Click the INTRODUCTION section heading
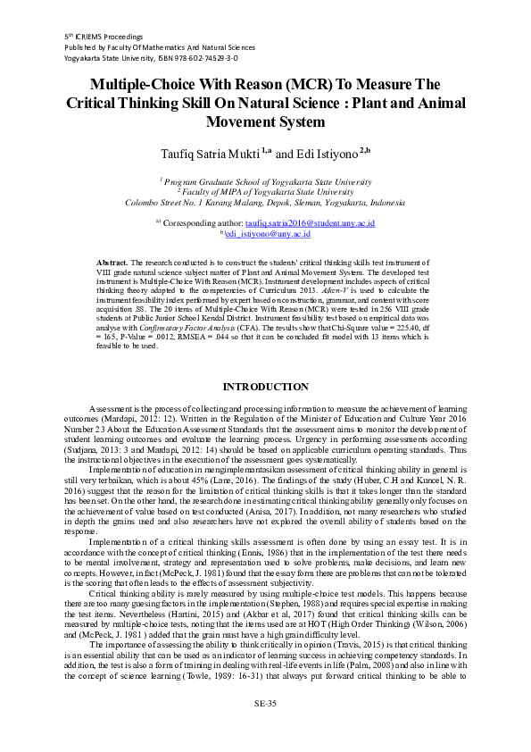(x=265, y=387)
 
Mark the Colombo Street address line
(x=265, y=202)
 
